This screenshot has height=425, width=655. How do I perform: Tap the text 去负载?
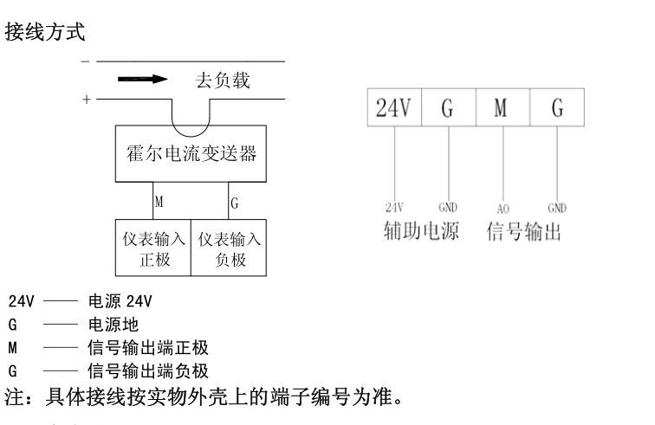pos(222,81)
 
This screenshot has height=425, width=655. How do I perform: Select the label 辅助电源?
pos(422,232)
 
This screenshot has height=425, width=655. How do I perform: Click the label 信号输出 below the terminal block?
pos(524,232)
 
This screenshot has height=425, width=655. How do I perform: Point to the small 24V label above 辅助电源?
pos(395,209)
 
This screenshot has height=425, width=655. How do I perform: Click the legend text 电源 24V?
pos(120,302)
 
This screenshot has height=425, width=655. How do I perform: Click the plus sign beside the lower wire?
pos(86,100)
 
